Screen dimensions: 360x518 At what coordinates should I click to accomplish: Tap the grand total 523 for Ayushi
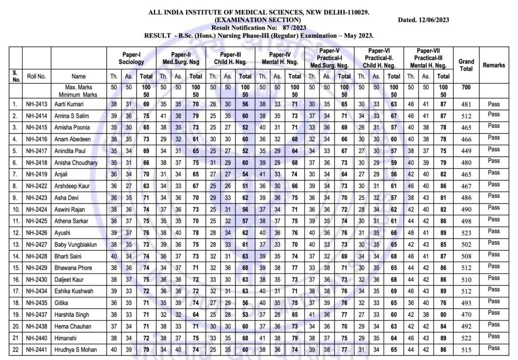pos(466,233)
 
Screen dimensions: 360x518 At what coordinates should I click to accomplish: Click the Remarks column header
pos(494,65)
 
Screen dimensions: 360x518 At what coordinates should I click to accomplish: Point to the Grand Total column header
pos(466,65)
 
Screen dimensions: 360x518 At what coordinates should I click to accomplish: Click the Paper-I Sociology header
pos(131,58)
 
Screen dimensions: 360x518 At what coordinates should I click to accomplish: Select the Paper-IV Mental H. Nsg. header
pos(280,58)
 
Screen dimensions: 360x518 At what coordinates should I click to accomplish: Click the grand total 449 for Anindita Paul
pos(466,151)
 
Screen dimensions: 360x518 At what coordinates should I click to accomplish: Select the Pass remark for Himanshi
pos(494,337)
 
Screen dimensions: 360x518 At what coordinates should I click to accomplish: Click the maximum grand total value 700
pos(466,87)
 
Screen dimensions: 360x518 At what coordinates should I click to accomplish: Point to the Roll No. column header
pos(36,76)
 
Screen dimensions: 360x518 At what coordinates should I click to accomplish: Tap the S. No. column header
pos(16,76)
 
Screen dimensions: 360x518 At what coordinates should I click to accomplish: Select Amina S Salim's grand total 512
pos(466,116)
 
